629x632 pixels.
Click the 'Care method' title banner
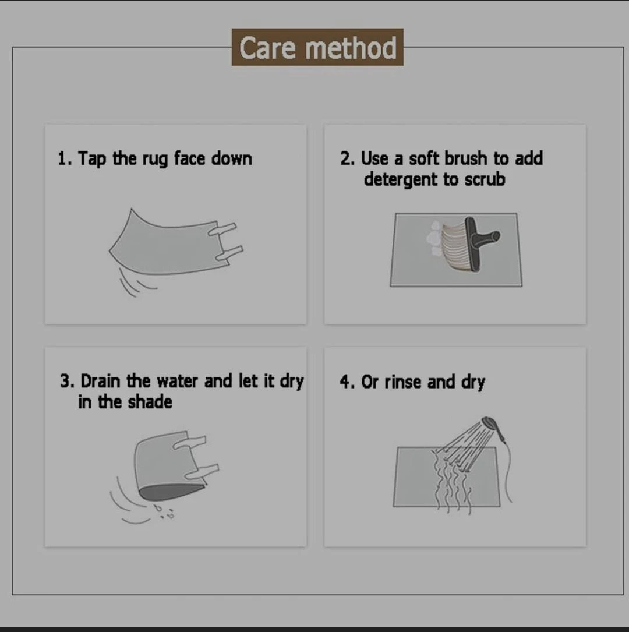[317, 47]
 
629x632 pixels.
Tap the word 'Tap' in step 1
[91, 158]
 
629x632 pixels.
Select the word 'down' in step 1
[232, 158]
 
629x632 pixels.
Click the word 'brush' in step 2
[465, 158]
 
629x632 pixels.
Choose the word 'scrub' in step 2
[485, 179]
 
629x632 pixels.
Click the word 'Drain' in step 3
[100, 381]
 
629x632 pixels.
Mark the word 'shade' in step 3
[150, 402]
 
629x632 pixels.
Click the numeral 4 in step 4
[345, 382]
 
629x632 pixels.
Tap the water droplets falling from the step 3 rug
[164, 511]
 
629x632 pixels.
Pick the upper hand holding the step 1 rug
[222, 229]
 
